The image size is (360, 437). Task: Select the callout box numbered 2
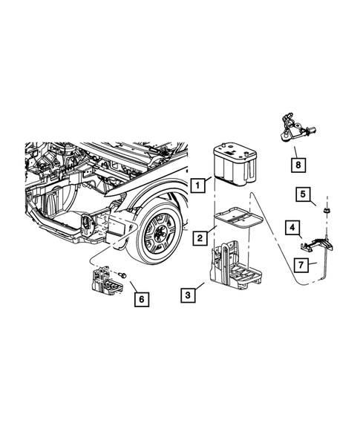(200, 238)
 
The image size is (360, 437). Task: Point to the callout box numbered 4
(293, 226)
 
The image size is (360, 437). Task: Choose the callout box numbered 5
(304, 194)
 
